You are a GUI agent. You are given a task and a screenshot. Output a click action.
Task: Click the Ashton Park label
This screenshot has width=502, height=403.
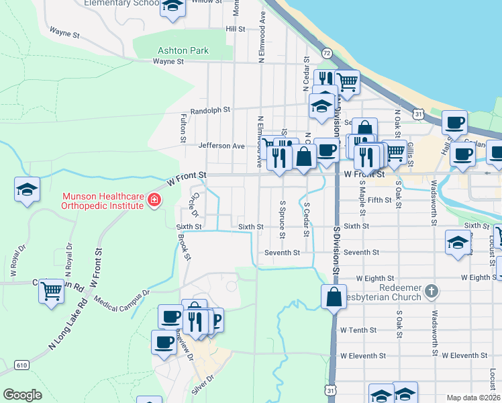[183, 50]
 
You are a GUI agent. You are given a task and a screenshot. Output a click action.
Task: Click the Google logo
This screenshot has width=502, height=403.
[23, 395]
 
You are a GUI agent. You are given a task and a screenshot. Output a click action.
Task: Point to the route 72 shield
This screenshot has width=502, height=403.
[326, 52]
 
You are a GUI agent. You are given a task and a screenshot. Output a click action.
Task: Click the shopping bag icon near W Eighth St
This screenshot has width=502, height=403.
[334, 296]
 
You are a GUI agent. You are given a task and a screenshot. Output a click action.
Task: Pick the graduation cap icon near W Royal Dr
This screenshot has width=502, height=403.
[27, 189]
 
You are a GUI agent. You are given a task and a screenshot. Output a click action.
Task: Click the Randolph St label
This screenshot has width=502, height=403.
[209, 109]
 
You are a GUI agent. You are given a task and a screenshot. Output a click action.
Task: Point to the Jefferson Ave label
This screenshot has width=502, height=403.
[221, 146]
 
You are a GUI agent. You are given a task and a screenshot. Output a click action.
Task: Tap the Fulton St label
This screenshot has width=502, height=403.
[183, 128]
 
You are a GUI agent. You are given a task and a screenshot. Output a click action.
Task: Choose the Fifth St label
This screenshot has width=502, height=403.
[379, 200]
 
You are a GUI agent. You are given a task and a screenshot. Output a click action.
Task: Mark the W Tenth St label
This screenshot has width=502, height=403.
[362, 330]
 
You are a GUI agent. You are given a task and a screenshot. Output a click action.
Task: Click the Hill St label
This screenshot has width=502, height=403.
[236, 29]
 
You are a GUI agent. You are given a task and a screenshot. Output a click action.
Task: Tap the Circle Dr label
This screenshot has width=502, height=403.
[195, 204]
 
